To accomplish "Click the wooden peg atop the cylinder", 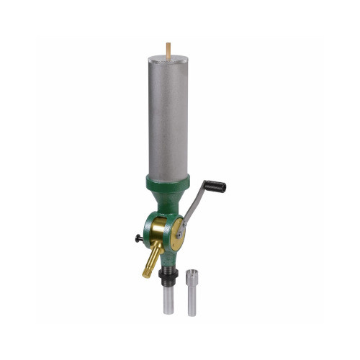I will tap(168, 48).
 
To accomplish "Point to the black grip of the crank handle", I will tap(214, 187).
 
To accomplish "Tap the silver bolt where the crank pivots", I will tap(179, 235).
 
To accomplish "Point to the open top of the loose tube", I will tap(192, 272).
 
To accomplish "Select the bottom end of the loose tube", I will tap(192, 313).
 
